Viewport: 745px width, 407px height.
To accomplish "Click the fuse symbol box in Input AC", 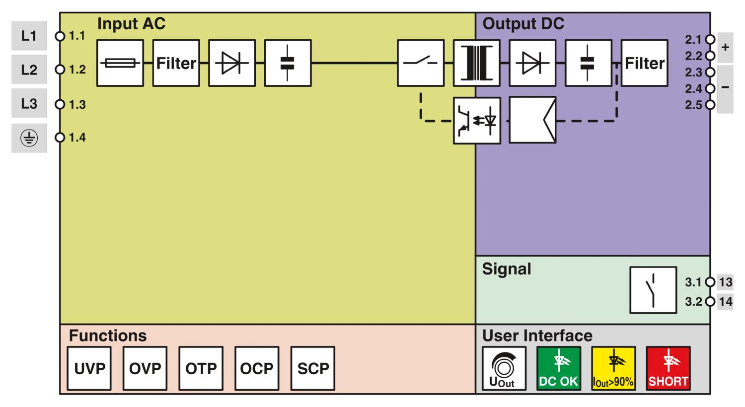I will pyautogui.click(x=120, y=63).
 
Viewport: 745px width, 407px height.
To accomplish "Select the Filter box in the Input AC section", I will pyautogui.click(x=176, y=63).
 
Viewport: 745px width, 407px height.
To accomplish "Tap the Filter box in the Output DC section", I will pyautogui.click(x=644, y=63).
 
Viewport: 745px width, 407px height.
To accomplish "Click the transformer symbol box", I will pyautogui.click(x=477, y=63).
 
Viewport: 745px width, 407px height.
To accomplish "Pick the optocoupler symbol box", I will pyautogui.click(x=477, y=121).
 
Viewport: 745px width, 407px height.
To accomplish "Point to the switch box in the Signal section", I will pyautogui.click(x=653, y=290).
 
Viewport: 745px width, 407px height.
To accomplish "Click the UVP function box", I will pyautogui.click(x=89, y=368).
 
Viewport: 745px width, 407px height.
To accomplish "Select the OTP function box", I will pyautogui.click(x=201, y=368).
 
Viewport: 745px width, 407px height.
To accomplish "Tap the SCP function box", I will pyautogui.click(x=313, y=368).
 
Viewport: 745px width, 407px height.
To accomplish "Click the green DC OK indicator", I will pyautogui.click(x=559, y=368).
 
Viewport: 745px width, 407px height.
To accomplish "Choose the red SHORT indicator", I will pyautogui.click(x=668, y=368).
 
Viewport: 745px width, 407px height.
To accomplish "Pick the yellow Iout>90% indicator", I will pyautogui.click(x=613, y=368).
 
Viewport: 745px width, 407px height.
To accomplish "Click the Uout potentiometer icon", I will pyautogui.click(x=504, y=368).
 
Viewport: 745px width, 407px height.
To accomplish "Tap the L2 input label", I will pyautogui.click(x=29, y=69).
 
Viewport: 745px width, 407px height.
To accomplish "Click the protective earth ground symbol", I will pyautogui.click(x=29, y=138).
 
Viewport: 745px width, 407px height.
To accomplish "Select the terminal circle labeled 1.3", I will pyautogui.click(x=60, y=104).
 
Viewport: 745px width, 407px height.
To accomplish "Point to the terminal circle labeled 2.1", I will pyautogui.click(x=710, y=39).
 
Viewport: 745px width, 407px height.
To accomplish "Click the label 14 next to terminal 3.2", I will pyautogui.click(x=726, y=301).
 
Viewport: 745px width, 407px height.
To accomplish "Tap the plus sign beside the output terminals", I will pyautogui.click(x=725, y=47).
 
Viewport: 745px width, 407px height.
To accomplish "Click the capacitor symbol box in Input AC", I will pyautogui.click(x=288, y=63).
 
